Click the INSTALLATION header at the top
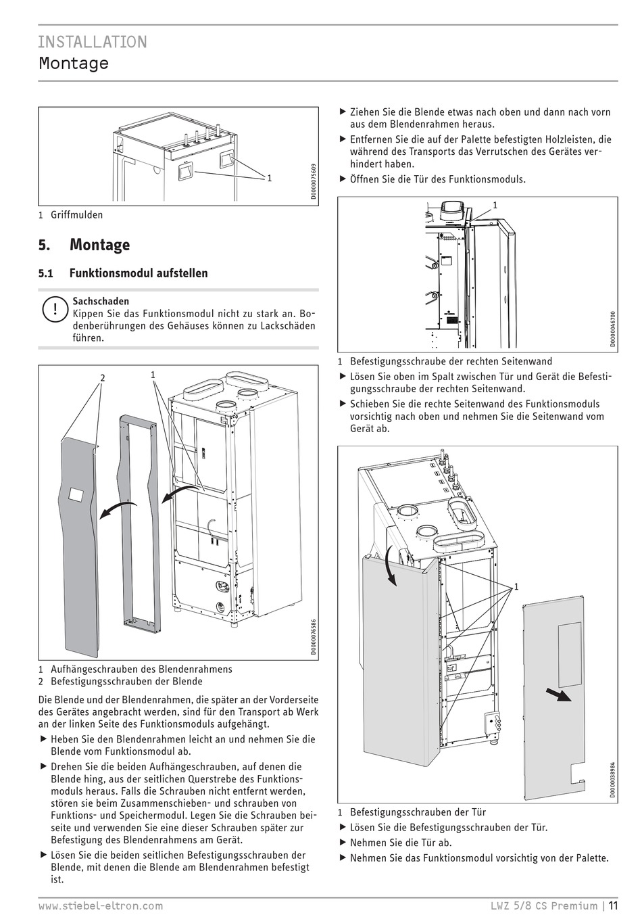coord(92,42)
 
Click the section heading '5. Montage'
coord(84,245)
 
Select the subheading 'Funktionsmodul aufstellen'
coord(139,273)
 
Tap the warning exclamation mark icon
coord(53,310)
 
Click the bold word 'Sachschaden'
coord(101,301)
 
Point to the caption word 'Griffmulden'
coord(77,215)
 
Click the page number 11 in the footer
coord(612,906)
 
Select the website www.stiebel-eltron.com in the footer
coord(100,906)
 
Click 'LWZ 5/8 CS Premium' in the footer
coord(544,906)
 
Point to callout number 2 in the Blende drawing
coord(103,378)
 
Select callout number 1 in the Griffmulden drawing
coord(269,178)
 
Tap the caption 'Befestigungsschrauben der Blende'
coord(126,681)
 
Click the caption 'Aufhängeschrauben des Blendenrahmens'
coord(141,669)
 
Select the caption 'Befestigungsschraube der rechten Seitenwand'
coord(451,361)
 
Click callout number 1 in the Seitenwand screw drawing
coord(495,204)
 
